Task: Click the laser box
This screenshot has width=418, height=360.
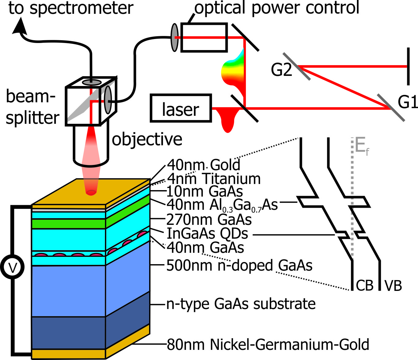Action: (x=181, y=108)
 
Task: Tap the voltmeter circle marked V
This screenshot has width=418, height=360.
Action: (x=12, y=267)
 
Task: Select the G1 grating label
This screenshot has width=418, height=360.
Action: (x=408, y=102)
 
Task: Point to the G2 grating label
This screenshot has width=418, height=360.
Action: (x=281, y=70)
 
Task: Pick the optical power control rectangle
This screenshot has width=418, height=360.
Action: (x=204, y=37)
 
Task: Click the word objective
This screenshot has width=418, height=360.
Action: (x=147, y=139)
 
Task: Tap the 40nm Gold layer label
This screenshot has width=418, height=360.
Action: (x=204, y=165)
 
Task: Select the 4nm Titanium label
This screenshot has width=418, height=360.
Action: (x=214, y=179)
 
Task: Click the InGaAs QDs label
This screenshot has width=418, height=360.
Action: (x=207, y=233)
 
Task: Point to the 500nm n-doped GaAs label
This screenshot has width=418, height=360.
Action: (x=239, y=265)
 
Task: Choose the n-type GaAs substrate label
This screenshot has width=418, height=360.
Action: (x=241, y=304)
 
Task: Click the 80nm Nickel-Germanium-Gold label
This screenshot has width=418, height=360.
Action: (x=268, y=344)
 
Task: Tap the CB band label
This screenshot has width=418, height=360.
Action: (x=364, y=285)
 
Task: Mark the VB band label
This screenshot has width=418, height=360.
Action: (x=393, y=286)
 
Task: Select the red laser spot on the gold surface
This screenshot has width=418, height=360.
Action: (x=91, y=192)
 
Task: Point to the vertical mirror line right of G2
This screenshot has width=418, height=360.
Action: (x=408, y=66)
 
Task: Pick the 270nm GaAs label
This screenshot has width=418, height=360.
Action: (x=209, y=220)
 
